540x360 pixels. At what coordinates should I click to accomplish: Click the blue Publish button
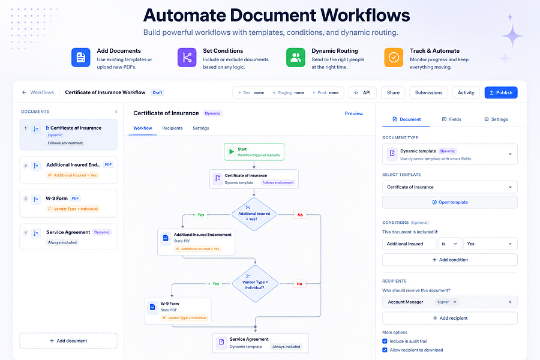click(x=501, y=92)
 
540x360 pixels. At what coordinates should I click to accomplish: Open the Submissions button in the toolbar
click(x=428, y=92)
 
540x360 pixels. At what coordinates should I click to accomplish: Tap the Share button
click(x=393, y=92)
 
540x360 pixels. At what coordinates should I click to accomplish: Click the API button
click(x=362, y=92)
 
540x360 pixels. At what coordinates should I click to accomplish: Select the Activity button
click(x=466, y=92)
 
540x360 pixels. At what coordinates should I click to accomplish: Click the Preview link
click(x=353, y=113)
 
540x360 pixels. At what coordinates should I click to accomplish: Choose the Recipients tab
click(x=172, y=128)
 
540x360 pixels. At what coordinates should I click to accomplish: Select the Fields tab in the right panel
click(x=451, y=119)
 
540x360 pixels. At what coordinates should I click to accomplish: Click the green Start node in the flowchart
click(x=254, y=152)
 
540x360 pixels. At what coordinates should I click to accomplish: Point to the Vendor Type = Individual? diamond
click(x=255, y=284)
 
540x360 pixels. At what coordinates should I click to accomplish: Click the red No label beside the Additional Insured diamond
click(x=300, y=215)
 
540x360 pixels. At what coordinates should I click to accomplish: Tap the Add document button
click(x=68, y=341)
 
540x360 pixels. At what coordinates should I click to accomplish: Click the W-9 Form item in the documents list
click(x=68, y=203)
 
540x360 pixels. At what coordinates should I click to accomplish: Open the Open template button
click(x=450, y=202)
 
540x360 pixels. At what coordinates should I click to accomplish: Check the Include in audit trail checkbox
click(x=385, y=341)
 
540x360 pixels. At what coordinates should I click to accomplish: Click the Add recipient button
click(x=450, y=318)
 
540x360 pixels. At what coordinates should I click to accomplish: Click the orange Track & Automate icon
click(x=394, y=57)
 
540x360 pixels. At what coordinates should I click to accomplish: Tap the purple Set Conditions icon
click(x=187, y=57)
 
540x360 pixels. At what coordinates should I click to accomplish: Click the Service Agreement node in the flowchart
click(x=260, y=343)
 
